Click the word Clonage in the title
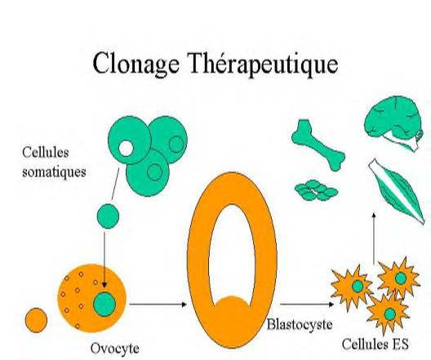tap(136, 63)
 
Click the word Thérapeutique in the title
tap(264, 64)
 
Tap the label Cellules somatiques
tap(54, 162)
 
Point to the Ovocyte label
tap(114, 349)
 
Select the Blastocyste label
tap(300, 324)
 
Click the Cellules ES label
tap(375, 344)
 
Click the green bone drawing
tap(318, 144)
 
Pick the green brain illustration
tap(393, 122)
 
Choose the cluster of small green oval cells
tap(316, 190)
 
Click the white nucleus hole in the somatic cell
tap(126, 148)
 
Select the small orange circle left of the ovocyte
tap(36, 320)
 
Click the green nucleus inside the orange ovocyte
tap(104, 304)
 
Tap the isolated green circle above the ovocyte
tap(108, 216)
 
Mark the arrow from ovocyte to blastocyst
tap(158, 304)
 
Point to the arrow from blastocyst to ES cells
tap(307, 304)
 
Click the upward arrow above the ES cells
tap(374, 238)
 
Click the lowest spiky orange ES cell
tap(389, 314)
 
